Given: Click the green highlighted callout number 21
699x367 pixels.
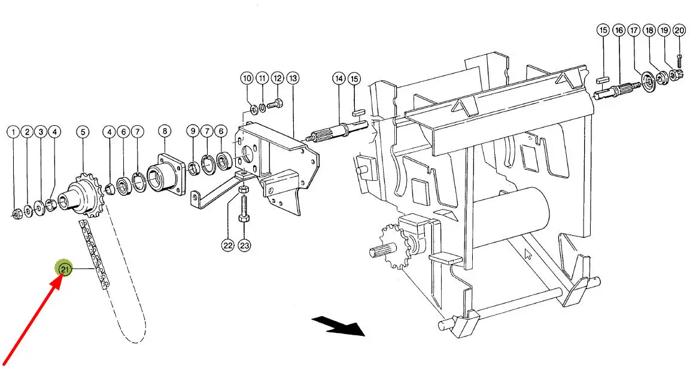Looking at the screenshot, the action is pyautogui.click(x=65, y=269).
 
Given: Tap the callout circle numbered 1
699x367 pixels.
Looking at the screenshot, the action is pyautogui.click(x=13, y=132).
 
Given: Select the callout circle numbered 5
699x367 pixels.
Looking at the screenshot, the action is pyautogui.click(x=83, y=132).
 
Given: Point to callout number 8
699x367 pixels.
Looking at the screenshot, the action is pyautogui.click(x=165, y=131).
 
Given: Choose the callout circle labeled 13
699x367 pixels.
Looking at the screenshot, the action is pyautogui.click(x=293, y=78).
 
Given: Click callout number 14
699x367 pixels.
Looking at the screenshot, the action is pyautogui.click(x=339, y=79).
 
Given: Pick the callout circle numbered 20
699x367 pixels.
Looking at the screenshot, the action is pyautogui.click(x=679, y=31).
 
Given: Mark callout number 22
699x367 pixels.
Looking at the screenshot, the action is pyautogui.click(x=228, y=245).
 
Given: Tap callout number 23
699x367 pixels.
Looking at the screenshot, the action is pyautogui.click(x=245, y=245).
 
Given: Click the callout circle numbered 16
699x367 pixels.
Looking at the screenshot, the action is pyautogui.click(x=619, y=31).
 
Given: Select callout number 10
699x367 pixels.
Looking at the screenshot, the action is pyautogui.click(x=247, y=78).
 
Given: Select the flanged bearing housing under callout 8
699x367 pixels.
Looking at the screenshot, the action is pyautogui.click(x=165, y=174).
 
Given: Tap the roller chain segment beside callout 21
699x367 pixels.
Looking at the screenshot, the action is pyautogui.click(x=94, y=255).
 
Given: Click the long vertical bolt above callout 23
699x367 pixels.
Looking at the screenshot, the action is pyautogui.click(x=244, y=209).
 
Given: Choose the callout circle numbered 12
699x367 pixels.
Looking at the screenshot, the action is pyautogui.click(x=278, y=78).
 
